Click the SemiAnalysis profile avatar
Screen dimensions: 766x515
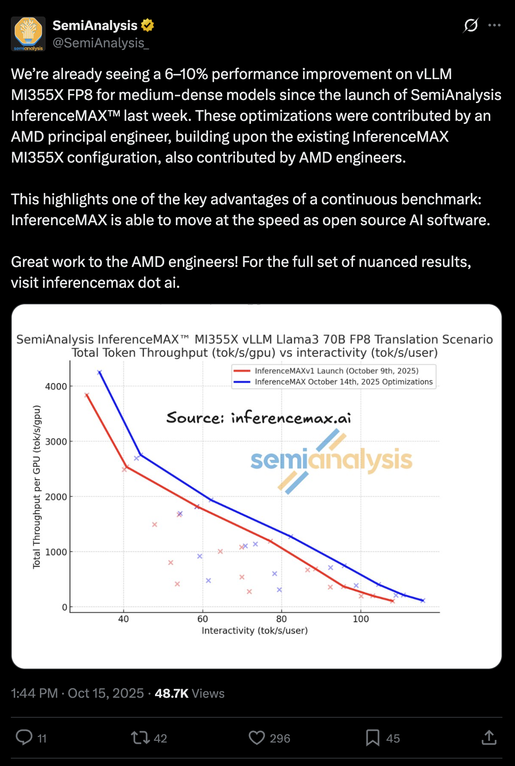(x=28, y=34)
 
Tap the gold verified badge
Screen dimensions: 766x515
(x=148, y=26)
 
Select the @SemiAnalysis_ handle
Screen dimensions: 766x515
(x=101, y=43)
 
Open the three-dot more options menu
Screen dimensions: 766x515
(x=494, y=26)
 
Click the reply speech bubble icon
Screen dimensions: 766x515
(x=24, y=737)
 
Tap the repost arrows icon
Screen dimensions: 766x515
(x=140, y=737)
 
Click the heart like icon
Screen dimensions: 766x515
(x=257, y=737)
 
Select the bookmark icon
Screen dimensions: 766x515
(x=373, y=737)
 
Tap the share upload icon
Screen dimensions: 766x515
(x=489, y=737)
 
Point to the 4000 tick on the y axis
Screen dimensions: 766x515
(x=56, y=386)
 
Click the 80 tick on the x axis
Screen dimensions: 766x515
(x=281, y=619)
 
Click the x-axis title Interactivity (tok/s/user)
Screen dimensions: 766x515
(x=254, y=630)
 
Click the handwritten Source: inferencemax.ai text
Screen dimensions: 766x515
(x=258, y=418)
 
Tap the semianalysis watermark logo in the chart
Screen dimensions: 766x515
(x=331, y=460)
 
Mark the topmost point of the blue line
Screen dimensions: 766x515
(x=99, y=372)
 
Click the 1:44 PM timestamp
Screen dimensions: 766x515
(x=34, y=693)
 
